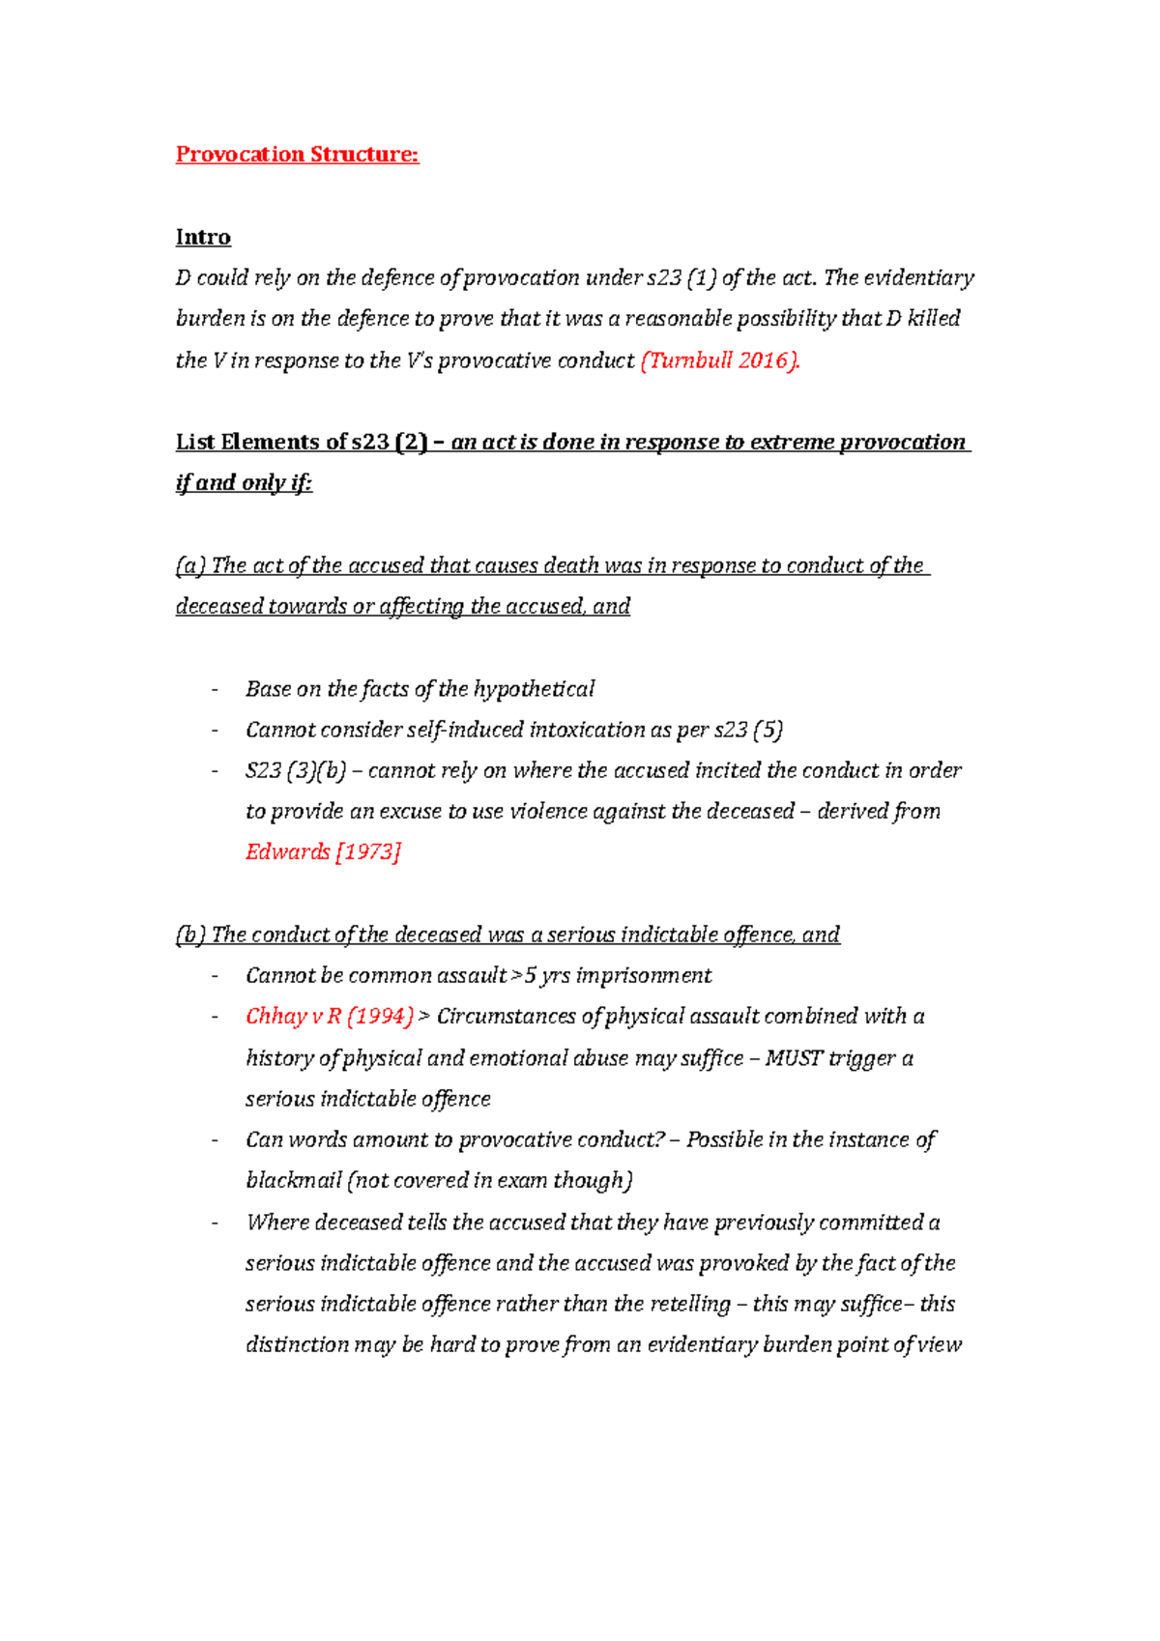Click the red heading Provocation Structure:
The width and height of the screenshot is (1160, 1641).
click(x=297, y=155)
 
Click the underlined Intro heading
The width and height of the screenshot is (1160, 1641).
click(x=203, y=238)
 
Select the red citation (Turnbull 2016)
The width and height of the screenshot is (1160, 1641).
click(x=720, y=361)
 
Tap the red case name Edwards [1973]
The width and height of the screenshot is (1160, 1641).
click(x=323, y=852)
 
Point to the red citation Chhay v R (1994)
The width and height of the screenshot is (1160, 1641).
click(x=330, y=1017)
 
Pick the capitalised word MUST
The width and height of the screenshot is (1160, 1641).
click(x=794, y=1058)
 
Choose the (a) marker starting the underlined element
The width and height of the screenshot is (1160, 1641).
click(x=190, y=566)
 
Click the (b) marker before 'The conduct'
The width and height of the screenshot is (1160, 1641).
click(x=190, y=936)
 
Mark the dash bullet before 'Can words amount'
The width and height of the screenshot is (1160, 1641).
click(x=215, y=1140)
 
